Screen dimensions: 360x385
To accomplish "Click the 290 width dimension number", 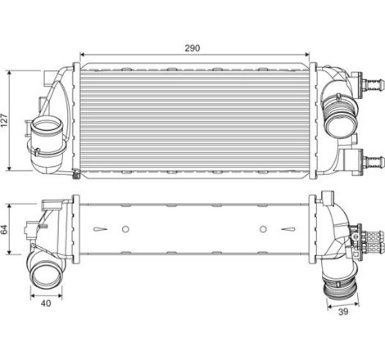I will pos(193,48).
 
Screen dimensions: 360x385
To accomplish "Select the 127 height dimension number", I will pos(6,121).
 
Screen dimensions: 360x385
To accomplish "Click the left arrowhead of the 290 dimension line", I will pos(80,56).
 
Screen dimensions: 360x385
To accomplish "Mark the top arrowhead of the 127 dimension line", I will pos(11,73).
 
